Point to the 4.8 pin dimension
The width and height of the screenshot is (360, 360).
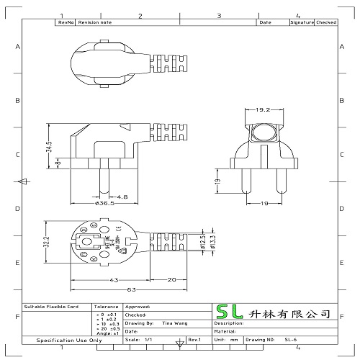click(x=122, y=195)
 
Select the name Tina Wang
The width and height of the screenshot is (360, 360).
click(x=171, y=324)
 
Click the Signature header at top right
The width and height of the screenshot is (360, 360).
click(x=301, y=23)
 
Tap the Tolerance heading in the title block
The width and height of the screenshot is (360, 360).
click(x=106, y=306)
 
